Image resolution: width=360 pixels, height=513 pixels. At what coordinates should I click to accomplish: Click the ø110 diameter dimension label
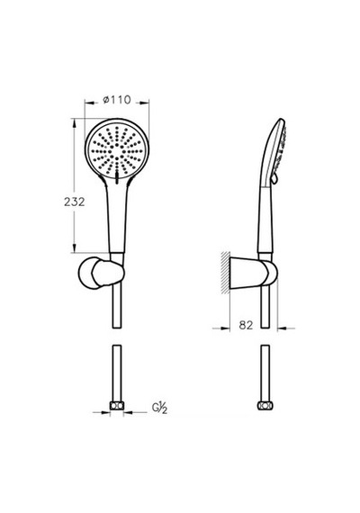(x=117, y=100)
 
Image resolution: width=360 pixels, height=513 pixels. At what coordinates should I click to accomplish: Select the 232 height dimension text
(x=75, y=202)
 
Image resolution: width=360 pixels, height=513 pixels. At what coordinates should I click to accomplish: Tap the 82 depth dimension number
(x=246, y=325)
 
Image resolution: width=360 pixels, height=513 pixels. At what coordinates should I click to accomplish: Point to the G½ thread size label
(x=159, y=408)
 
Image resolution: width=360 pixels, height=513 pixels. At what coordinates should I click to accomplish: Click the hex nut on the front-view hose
(x=117, y=406)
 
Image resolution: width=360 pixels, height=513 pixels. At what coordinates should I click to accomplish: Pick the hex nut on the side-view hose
(x=265, y=406)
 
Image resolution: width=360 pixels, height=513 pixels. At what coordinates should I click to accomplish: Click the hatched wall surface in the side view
(x=226, y=273)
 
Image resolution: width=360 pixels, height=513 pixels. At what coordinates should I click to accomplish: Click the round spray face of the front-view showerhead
(x=117, y=150)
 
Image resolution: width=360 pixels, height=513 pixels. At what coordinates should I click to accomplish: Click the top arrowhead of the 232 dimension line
(x=75, y=122)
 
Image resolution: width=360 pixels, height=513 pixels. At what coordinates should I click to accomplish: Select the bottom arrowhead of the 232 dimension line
(x=75, y=248)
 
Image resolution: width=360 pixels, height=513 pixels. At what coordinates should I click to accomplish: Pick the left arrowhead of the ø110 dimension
(x=89, y=103)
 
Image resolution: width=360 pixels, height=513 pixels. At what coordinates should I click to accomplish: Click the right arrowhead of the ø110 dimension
(x=144, y=103)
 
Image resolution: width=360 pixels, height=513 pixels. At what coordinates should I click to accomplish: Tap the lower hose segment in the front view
(x=117, y=373)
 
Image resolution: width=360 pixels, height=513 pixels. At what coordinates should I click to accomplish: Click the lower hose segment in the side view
(x=265, y=373)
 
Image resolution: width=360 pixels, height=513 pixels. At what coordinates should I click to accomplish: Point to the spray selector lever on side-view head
(x=275, y=178)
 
